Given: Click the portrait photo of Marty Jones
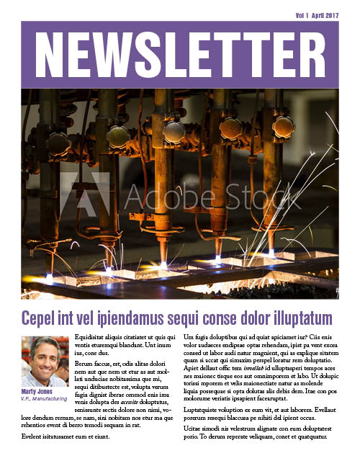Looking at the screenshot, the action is click(x=45, y=362).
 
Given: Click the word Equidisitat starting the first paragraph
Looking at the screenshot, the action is click(x=94, y=337).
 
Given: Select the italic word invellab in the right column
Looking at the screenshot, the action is click(x=257, y=367).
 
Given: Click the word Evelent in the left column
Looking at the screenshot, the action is click(x=33, y=436).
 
